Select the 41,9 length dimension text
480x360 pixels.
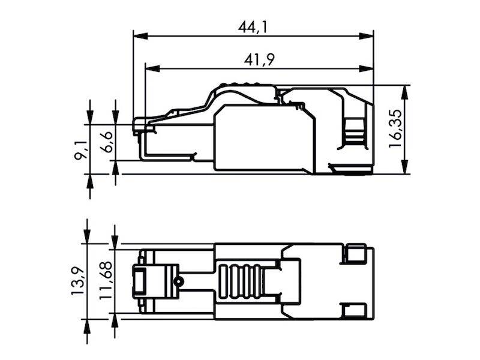(259, 59)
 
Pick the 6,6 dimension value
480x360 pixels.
(106, 142)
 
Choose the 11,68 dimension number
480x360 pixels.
(106, 281)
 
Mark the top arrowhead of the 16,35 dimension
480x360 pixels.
(406, 91)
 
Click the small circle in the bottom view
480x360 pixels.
(178, 281)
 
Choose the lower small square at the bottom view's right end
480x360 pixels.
(357, 310)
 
